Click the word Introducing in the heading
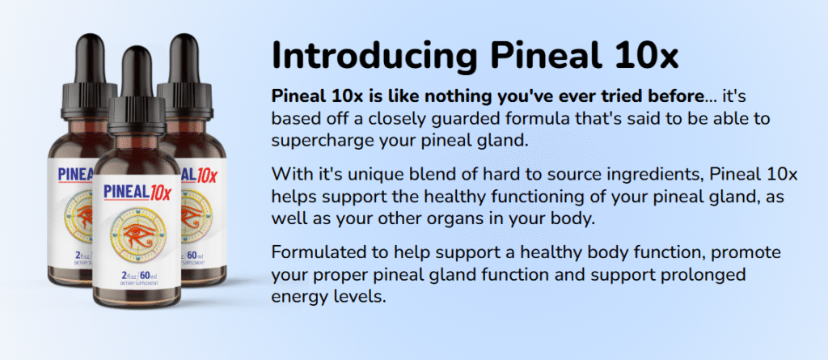tap(376, 55)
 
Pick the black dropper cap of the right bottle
tap(186, 77)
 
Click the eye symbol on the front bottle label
tap(137, 235)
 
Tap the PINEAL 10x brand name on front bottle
tap(137, 193)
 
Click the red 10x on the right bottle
tap(206, 177)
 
